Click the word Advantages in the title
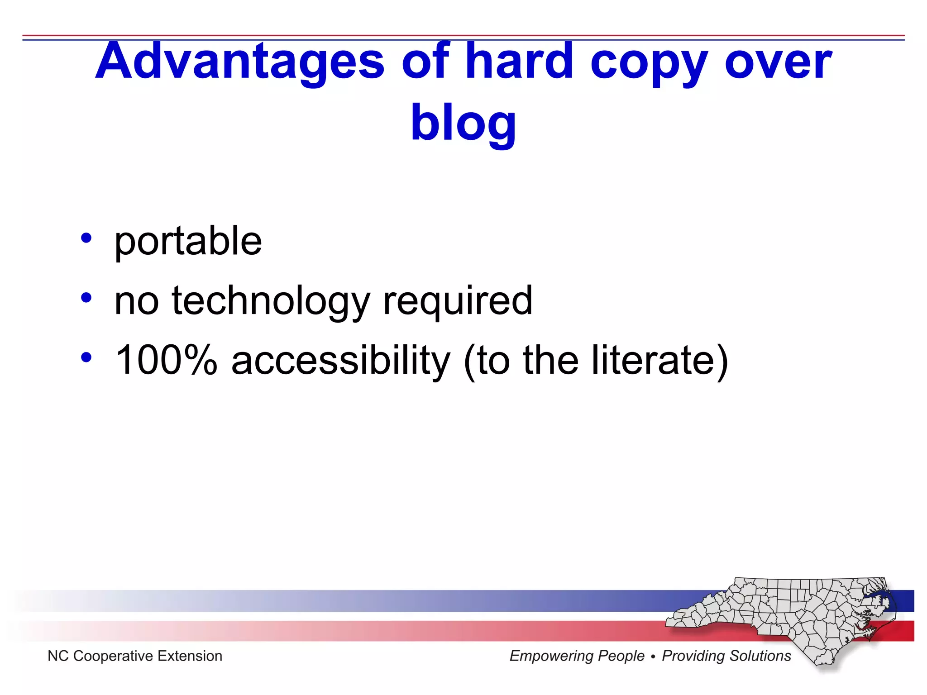[x=240, y=61]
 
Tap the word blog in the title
[x=463, y=122]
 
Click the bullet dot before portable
[x=86, y=238]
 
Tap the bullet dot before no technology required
[x=86, y=298]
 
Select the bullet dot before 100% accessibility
[x=86, y=357]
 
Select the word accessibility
[x=340, y=361]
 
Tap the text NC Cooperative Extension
[x=135, y=656]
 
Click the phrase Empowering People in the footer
[x=577, y=656]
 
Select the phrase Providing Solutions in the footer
[x=726, y=656]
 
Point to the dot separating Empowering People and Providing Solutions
[x=653, y=657]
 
